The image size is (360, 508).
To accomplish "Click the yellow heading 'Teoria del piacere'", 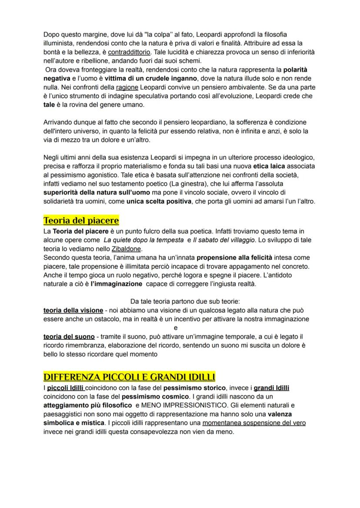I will coord(81,220).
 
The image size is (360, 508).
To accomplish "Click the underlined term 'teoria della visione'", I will coord(73,310).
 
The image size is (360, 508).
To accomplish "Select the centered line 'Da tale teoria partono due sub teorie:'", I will coord(180,301).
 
